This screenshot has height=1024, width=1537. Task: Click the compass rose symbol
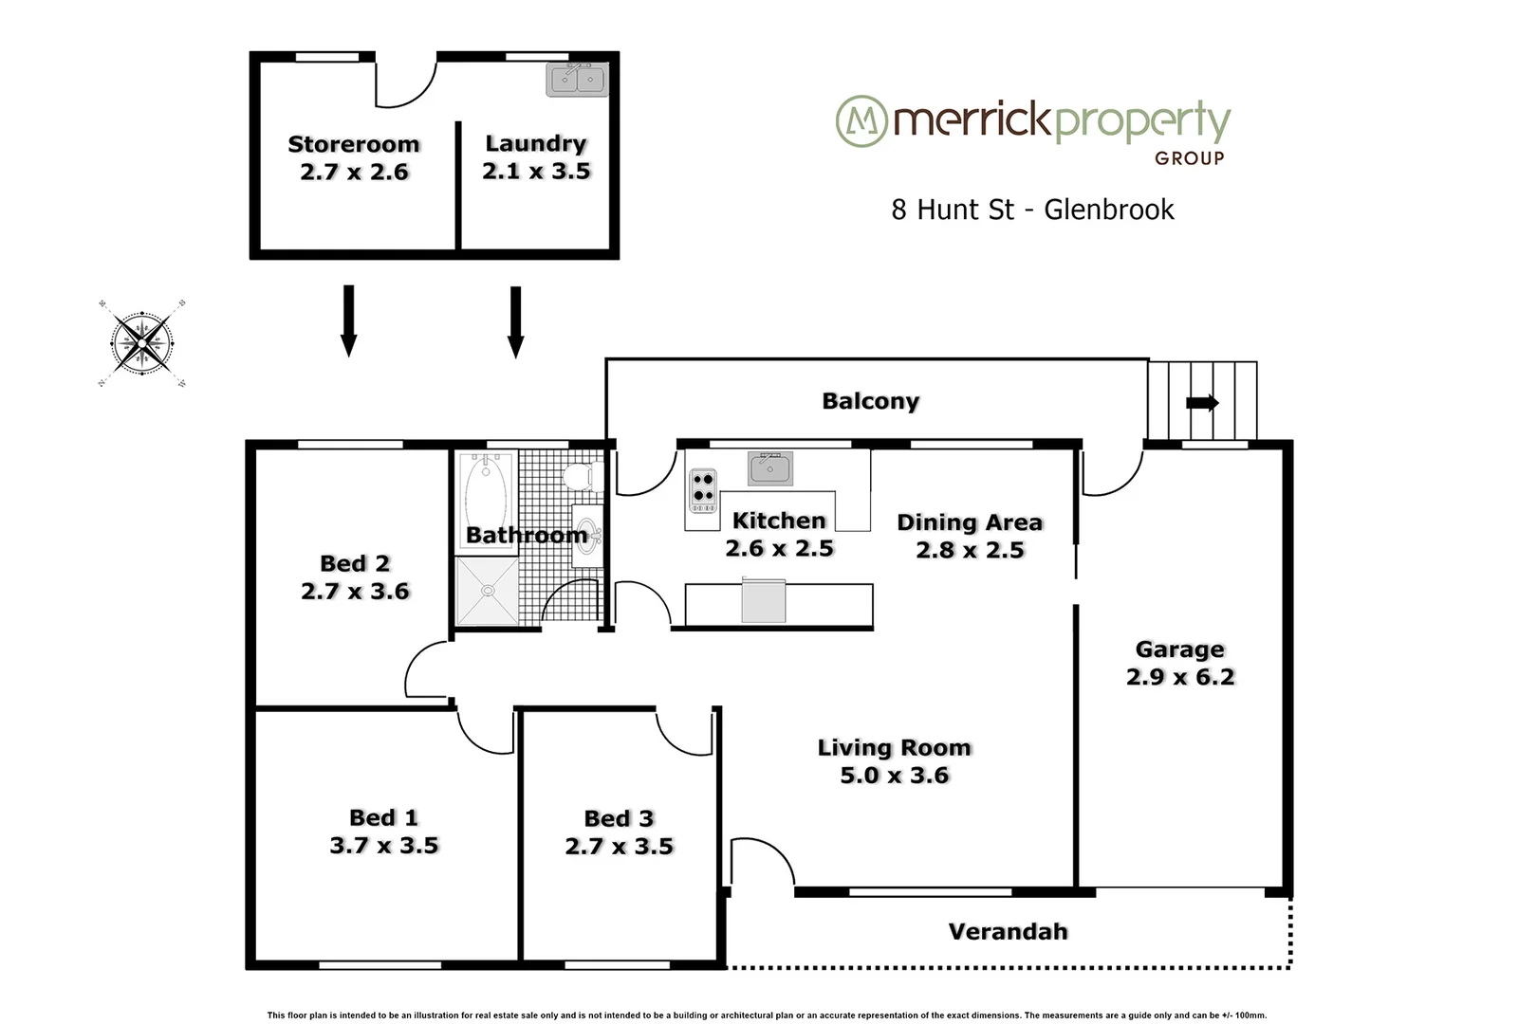click(x=142, y=342)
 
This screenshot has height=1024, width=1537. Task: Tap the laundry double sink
click(x=577, y=80)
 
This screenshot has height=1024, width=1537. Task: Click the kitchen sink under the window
click(x=770, y=468)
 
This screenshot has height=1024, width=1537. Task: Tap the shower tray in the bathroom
click(x=488, y=591)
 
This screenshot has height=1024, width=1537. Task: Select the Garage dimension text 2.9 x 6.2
click(x=1180, y=677)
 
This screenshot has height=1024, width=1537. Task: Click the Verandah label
click(x=1008, y=931)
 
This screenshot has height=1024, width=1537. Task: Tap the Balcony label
click(x=870, y=401)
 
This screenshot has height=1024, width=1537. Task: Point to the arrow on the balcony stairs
click(x=1202, y=403)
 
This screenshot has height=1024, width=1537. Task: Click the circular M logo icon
click(x=861, y=120)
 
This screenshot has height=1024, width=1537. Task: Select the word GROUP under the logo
click(x=1189, y=158)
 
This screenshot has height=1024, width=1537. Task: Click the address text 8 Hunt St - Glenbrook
click(x=1032, y=210)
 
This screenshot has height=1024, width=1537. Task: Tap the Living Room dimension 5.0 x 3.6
click(x=894, y=776)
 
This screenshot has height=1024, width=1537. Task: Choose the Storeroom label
click(x=354, y=144)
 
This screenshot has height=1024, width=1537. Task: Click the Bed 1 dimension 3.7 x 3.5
click(x=384, y=845)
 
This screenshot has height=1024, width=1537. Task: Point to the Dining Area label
click(x=969, y=522)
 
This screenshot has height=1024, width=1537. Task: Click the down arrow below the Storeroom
click(x=348, y=320)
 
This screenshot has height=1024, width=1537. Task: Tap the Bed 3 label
click(x=619, y=818)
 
